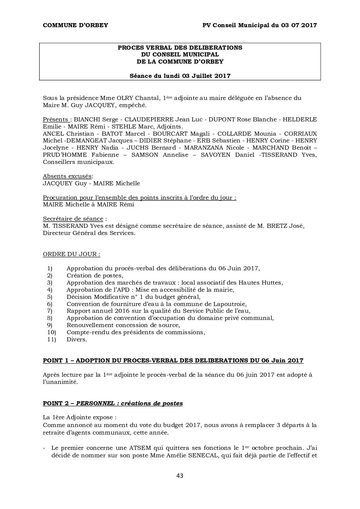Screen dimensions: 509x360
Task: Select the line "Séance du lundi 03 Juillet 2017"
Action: pyautogui.click(x=180, y=76)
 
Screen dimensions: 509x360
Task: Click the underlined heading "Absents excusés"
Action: pyautogui.click(x=67, y=176)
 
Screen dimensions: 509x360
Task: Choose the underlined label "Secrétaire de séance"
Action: pyautogui.click(x=73, y=219)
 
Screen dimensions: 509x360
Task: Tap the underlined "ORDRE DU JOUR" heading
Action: pyautogui.click(x=71, y=254)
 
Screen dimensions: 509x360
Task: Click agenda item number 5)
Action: pyautogui.click(x=50, y=297)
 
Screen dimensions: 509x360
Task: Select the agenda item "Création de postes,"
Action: pyautogui.click(x=95, y=275)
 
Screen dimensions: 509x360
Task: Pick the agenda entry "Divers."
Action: pyautogui.click(x=77, y=339)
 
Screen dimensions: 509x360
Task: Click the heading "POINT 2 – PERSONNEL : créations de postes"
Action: pyautogui.click(x=113, y=403)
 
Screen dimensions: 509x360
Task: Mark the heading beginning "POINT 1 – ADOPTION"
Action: pyautogui.click(x=173, y=360)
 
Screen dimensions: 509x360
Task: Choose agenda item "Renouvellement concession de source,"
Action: pyautogui.click(x=123, y=325)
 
